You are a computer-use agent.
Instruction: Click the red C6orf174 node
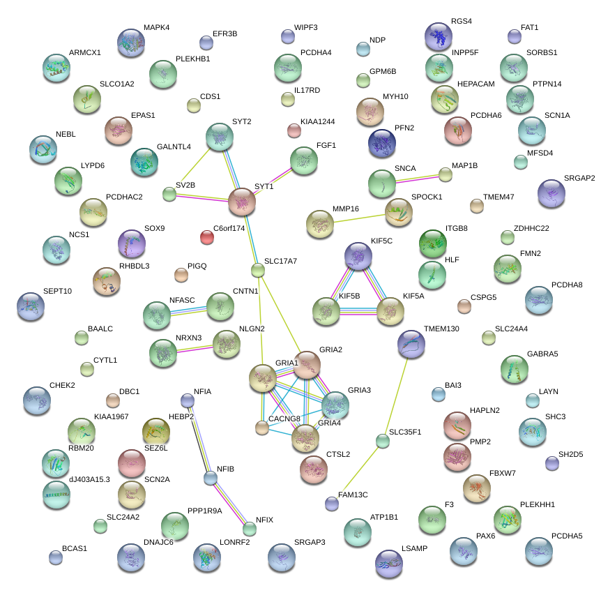click(x=207, y=237)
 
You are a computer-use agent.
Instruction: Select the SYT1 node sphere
click(x=242, y=202)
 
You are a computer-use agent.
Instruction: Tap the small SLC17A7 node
click(x=258, y=270)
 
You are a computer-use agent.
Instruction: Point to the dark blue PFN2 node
click(x=382, y=143)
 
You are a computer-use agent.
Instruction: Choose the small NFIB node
click(x=211, y=478)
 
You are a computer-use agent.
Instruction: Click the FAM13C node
click(x=332, y=503)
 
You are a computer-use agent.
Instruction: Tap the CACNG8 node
click(x=261, y=427)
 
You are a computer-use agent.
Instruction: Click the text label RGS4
click(x=462, y=22)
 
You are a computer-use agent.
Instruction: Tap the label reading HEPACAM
click(x=476, y=84)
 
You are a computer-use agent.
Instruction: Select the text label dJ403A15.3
click(x=89, y=479)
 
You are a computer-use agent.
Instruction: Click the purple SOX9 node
click(x=132, y=243)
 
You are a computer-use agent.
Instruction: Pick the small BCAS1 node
click(x=56, y=557)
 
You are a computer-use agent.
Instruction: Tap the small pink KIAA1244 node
click(x=294, y=130)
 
